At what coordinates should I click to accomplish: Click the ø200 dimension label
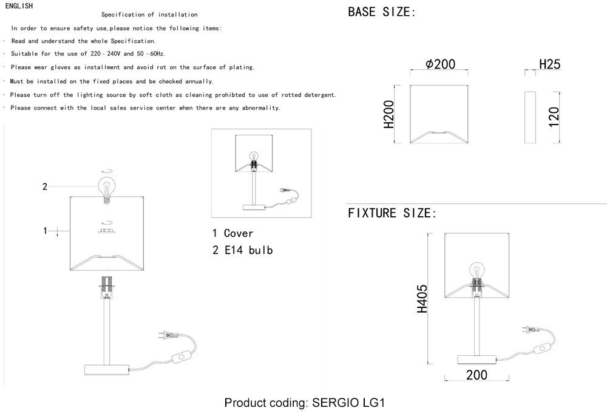440,64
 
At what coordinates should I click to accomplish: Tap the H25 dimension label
550,64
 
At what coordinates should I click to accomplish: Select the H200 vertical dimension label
388,114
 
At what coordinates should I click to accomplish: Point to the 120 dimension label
554,117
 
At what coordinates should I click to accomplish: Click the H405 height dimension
422,299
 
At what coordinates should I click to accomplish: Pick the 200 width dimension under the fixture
476,375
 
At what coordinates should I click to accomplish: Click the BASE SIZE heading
381,12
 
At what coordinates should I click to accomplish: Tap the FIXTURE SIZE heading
392,213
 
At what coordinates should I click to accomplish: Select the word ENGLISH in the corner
19,6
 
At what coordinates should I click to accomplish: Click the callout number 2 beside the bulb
44,186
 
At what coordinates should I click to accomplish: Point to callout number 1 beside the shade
45,231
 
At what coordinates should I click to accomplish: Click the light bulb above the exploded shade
105,189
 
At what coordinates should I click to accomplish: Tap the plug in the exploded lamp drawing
167,335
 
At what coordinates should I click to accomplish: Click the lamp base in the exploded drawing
107,370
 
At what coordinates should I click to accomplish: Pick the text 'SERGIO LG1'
348,403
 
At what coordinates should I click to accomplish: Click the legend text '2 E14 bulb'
243,250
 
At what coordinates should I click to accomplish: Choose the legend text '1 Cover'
232,233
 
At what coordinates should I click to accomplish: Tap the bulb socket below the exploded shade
106,288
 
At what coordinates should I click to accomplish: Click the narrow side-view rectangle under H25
530,117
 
